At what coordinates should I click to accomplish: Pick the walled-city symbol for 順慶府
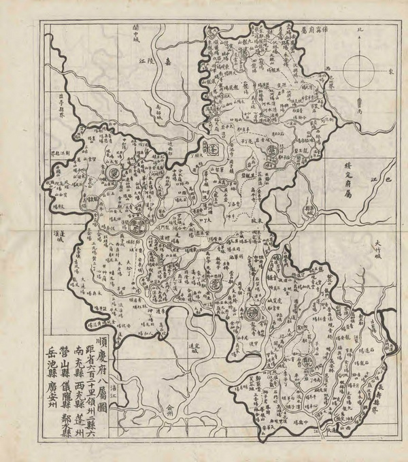tap(138, 227)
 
